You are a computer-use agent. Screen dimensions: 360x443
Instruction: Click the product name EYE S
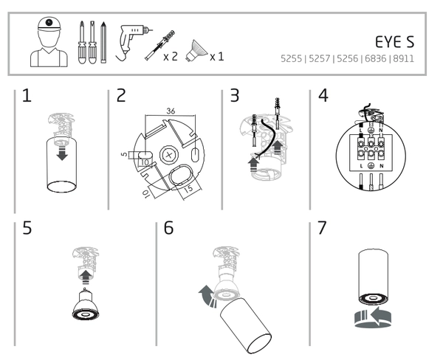coord(399,41)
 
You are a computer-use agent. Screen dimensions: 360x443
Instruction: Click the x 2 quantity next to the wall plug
coord(169,56)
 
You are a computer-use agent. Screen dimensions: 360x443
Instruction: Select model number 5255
coord(291,58)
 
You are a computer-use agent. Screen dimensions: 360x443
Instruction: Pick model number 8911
coord(413,58)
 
